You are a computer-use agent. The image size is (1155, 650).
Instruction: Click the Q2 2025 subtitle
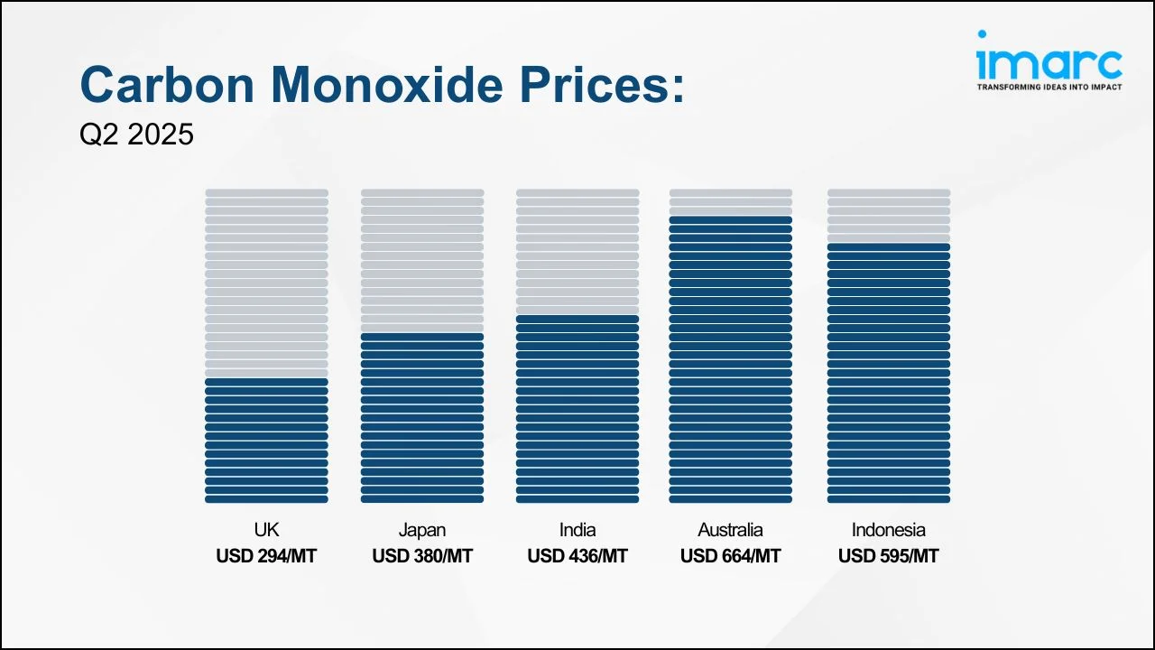click(x=136, y=135)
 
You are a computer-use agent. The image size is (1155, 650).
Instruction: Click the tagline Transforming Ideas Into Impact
click(x=1049, y=88)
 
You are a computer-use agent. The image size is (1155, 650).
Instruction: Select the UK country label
click(x=266, y=530)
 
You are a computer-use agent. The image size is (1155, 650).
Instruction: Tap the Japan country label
click(x=421, y=530)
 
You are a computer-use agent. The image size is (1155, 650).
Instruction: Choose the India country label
click(x=577, y=530)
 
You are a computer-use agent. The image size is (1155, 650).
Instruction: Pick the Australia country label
click(x=730, y=530)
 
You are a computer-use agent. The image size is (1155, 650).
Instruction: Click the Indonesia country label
click(x=888, y=530)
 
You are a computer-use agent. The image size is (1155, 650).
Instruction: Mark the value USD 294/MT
click(x=266, y=556)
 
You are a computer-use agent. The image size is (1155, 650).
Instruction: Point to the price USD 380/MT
click(x=421, y=556)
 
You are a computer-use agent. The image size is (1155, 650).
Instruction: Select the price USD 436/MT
click(x=577, y=556)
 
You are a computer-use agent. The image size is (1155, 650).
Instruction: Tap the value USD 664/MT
click(x=730, y=556)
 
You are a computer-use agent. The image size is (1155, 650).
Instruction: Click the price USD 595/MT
click(x=888, y=556)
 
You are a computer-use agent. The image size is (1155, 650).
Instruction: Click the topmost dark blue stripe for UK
click(x=266, y=382)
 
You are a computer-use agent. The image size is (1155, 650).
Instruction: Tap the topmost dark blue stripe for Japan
click(x=421, y=337)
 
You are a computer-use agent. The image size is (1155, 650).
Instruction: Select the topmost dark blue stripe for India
click(x=577, y=319)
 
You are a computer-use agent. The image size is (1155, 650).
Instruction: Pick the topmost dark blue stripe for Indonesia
click(x=888, y=246)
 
